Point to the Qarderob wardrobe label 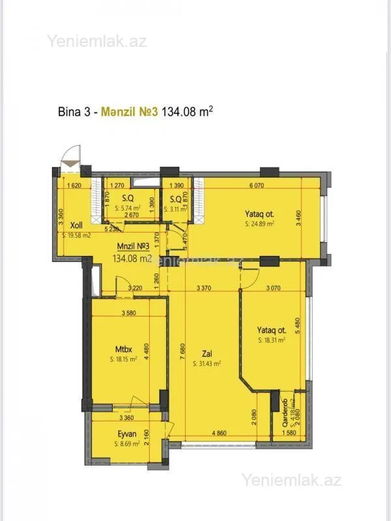(x=285, y=411)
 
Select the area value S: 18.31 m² (x=273, y=340)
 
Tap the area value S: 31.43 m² (x=207, y=365)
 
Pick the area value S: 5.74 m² (x=128, y=208)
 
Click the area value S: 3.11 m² (x=175, y=208)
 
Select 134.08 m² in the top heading (x=187, y=111)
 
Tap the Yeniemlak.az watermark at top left (x=96, y=42)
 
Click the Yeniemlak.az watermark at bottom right (x=291, y=481)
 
